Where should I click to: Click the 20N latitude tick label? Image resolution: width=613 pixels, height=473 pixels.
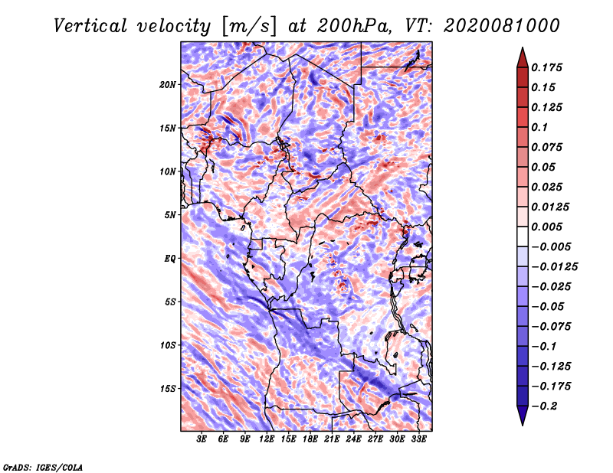(x=167, y=85)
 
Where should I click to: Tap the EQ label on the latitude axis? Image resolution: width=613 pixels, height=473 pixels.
(x=170, y=259)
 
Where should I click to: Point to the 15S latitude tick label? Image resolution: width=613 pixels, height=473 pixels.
(x=168, y=389)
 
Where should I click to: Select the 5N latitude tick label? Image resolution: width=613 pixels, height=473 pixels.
(x=170, y=215)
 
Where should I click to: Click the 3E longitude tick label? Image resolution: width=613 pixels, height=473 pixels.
(x=202, y=439)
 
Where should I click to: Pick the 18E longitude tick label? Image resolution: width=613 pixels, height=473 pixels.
(x=310, y=439)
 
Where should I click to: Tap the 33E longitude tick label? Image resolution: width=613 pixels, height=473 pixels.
(x=418, y=439)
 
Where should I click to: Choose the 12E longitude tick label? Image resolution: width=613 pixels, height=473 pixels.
(x=267, y=439)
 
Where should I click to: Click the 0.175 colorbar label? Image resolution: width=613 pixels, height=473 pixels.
(x=546, y=67)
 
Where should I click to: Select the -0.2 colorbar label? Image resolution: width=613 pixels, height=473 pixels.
(x=544, y=406)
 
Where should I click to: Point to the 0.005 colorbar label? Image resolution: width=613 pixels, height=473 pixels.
(x=546, y=227)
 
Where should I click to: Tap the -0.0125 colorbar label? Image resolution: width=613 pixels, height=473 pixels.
(x=554, y=267)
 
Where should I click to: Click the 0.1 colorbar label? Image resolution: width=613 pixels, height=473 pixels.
(x=539, y=127)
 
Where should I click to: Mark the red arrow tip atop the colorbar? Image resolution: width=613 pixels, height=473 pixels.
(x=523, y=47)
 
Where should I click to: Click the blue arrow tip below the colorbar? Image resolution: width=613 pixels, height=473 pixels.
(x=523, y=425)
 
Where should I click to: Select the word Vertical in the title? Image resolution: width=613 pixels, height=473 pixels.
(x=90, y=26)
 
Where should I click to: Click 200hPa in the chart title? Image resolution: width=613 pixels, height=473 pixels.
(x=354, y=26)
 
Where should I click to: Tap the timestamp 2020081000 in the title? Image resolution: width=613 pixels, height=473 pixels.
(x=502, y=26)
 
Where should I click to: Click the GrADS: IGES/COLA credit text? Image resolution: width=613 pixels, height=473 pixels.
(x=43, y=467)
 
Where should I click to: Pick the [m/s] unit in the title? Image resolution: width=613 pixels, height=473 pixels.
(x=249, y=27)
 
